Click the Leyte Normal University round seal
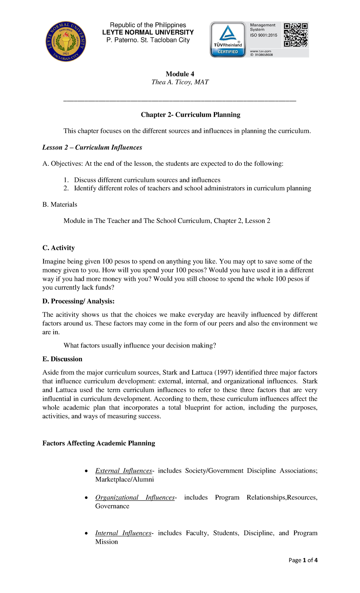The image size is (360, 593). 66,41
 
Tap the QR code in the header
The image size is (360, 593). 296,35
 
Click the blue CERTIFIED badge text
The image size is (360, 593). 228,52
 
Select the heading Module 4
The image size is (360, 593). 180,74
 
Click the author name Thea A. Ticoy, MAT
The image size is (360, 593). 180,82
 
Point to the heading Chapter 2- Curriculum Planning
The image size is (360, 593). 190,115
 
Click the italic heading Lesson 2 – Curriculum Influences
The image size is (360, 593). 92,147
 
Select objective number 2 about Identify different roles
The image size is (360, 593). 192,188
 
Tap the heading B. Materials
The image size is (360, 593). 60,204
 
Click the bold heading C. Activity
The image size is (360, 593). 58,248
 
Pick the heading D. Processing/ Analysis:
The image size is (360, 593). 78,301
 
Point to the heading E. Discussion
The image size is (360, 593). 62,359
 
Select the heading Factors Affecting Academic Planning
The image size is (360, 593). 99,443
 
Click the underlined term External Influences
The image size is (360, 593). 124,471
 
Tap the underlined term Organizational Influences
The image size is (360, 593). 135,497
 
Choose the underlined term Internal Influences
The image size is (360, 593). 123,533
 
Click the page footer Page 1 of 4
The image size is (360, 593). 303,560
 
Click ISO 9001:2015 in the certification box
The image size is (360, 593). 264,35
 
